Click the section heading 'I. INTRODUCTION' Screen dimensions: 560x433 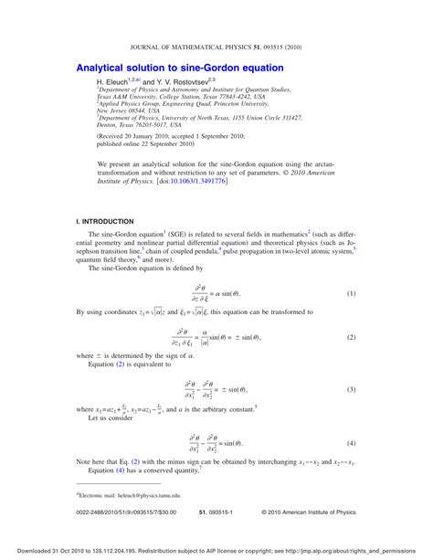[x=106, y=223]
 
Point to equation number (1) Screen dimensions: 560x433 [x=351, y=295]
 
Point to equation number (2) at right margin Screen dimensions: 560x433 [x=351, y=338]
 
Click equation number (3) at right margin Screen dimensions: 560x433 [x=351, y=390]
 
